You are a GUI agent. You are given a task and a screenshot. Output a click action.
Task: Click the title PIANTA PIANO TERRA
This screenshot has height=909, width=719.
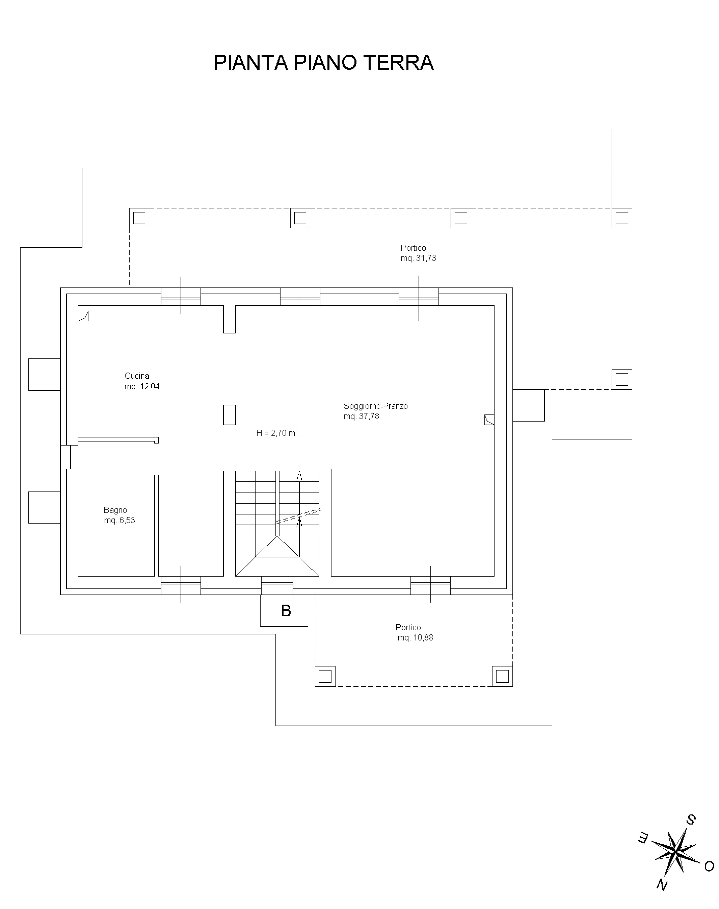(x=323, y=62)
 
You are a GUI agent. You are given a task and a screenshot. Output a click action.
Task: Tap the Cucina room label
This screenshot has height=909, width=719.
(x=137, y=376)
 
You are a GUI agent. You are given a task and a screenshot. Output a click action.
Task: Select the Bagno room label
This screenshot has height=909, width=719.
(x=115, y=510)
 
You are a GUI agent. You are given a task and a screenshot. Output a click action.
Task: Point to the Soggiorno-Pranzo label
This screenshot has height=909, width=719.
(x=375, y=406)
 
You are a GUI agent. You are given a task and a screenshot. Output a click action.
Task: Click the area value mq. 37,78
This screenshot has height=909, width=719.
(x=361, y=416)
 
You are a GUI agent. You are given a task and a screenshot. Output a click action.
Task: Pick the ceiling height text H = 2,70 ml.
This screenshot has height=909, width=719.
(x=277, y=433)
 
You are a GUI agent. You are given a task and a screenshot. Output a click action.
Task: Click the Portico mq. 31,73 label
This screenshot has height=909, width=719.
(x=418, y=253)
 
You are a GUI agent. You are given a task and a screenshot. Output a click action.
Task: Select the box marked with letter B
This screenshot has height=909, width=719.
(x=284, y=610)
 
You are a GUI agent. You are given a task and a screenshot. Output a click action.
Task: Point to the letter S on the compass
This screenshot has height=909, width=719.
(x=691, y=820)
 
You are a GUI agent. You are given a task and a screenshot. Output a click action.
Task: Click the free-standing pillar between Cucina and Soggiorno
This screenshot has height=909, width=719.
(x=230, y=415)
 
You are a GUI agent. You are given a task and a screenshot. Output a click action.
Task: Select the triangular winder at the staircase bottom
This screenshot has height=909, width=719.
(x=277, y=556)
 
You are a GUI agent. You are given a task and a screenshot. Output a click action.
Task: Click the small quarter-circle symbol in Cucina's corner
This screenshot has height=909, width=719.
(x=83, y=316)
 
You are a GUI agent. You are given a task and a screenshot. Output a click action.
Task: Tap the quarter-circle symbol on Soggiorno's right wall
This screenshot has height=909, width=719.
(x=489, y=420)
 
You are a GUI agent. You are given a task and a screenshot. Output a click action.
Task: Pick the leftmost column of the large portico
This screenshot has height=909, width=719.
(x=139, y=218)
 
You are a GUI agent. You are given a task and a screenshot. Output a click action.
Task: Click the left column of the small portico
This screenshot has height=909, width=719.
(x=325, y=676)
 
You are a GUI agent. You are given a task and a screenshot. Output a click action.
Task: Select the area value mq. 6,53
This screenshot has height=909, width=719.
(x=119, y=520)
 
